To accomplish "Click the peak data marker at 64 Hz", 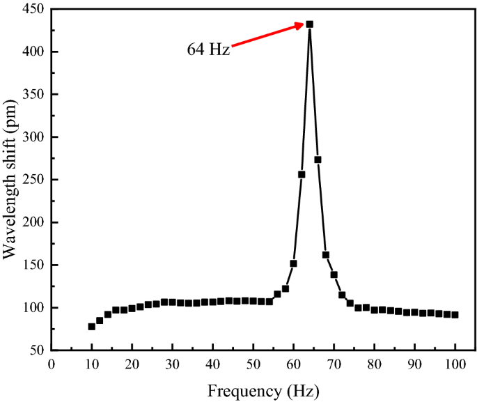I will point(309,24).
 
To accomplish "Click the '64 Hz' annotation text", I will point(208,50).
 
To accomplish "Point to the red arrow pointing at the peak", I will point(268,36).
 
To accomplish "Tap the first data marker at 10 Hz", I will point(91,326).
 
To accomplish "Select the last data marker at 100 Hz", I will point(455,315).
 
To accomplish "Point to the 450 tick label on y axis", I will point(32,9).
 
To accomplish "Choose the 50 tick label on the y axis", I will point(36,350).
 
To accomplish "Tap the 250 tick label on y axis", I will point(32,180).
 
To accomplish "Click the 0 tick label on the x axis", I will point(51,364).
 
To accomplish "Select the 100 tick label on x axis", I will point(455,364).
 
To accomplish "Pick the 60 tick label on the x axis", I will point(293,364).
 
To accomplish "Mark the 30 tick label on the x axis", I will point(172,364).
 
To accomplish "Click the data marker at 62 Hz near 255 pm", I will point(302,174).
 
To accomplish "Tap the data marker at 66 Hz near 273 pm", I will point(318,160).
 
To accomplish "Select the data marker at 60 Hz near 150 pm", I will point(293,263).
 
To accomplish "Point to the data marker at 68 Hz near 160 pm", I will point(325,255).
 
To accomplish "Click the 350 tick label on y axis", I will point(32,94).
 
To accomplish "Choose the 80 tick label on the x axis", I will point(375,364).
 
